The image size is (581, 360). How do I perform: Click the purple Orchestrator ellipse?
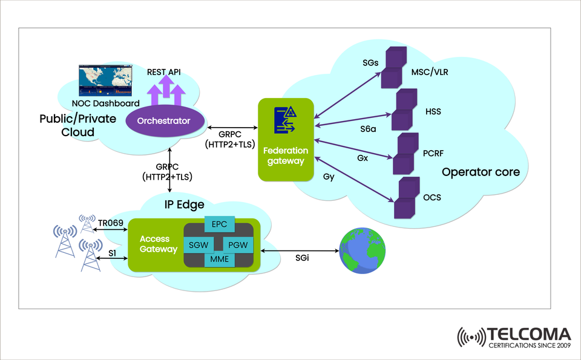click(163, 120)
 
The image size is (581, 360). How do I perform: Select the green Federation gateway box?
click(286, 140)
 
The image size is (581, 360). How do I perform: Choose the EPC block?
click(218, 224)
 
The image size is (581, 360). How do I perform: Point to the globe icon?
click(363, 250)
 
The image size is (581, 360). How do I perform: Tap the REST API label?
click(163, 72)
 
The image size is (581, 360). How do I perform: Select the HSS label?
click(433, 112)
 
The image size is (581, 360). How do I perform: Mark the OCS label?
click(432, 198)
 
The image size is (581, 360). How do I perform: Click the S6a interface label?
click(369, 128)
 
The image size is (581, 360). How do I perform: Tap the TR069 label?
click(111, 223)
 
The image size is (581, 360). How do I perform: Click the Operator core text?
click(481, 172)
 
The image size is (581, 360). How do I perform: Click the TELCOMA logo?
click(514, 337)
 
